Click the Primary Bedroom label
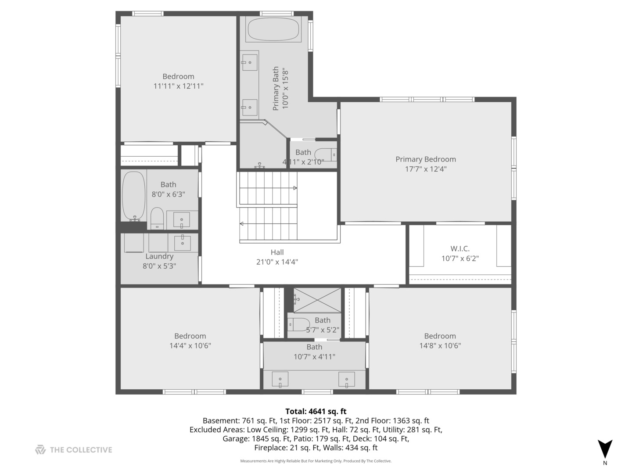pyautogui.click(x=425, y=159)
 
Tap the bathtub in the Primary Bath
pyautogui.click(x=273, y=29)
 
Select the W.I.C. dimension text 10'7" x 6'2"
pyautogui.click(x=460, y=259)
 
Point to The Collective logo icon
pyautogui.click(x=40, y=450)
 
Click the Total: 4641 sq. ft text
pyautogui.click(x=316, y=411)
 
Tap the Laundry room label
pyautogui.click(x=159, y=256)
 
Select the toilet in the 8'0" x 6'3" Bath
pyautogui.click(x=157, y=218)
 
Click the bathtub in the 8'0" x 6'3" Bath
pyautogui.click(x=133, y=195)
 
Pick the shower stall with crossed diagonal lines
pyautogui.click(x=317, y=300)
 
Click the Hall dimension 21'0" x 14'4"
pyautogui.click(x=277, y=262)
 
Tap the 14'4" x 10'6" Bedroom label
pyautogui.click(x=190, y=336)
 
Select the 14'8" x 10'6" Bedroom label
pyautogui.click(x=440, y=336)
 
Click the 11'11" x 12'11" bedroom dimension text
pyautogui.click(x=178, y=86)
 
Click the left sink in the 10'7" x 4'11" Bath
pyautogui.click(x=280, y=379)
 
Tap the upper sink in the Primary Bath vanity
pyautogui.click(x=250, y=62)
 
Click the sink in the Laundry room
pyautogui.click(x=182, y=242)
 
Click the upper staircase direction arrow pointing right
pyautogui.click(x=295, y=188)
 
